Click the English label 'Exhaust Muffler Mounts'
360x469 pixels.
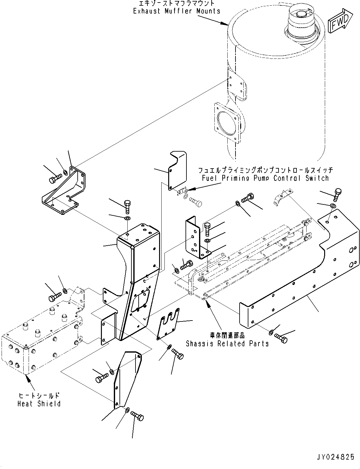[x=176, y=11]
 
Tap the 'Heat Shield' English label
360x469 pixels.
[x=39, y=404]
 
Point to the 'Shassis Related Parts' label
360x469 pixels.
[x=227, y=343]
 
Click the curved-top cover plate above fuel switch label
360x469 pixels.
[x=177, y=172]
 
